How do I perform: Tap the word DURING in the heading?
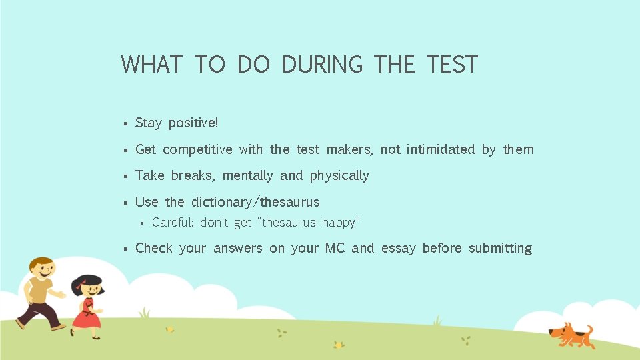(x=322, y=65)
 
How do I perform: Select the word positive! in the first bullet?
(x=193, y=123)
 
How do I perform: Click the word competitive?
(x=197, y=149)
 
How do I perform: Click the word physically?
(x=339, y=176)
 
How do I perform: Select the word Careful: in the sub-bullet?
(x=173, y=223)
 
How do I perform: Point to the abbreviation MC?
(x=335, y=248)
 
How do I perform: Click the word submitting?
(x=500, y=249)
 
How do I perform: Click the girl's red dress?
(x=86, y=315)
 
